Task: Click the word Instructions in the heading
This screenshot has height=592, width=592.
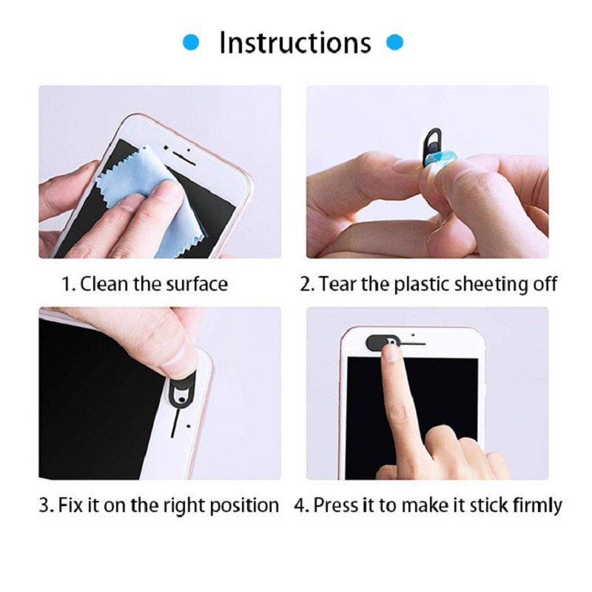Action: point(295,43)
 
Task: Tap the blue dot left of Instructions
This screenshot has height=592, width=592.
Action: point(192,43)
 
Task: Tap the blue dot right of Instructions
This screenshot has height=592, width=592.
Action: point(396,43)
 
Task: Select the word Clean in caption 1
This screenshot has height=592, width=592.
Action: point(104,284)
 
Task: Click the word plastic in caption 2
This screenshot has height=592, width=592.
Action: point(418,284)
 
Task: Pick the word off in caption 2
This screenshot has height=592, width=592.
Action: point(543,284)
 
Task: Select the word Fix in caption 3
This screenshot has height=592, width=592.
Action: point(70,506)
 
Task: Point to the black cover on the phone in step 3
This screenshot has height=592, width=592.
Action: point(182,388)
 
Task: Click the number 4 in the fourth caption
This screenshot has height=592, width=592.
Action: point(299,506)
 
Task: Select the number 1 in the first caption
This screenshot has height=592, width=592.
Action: point(66,284)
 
